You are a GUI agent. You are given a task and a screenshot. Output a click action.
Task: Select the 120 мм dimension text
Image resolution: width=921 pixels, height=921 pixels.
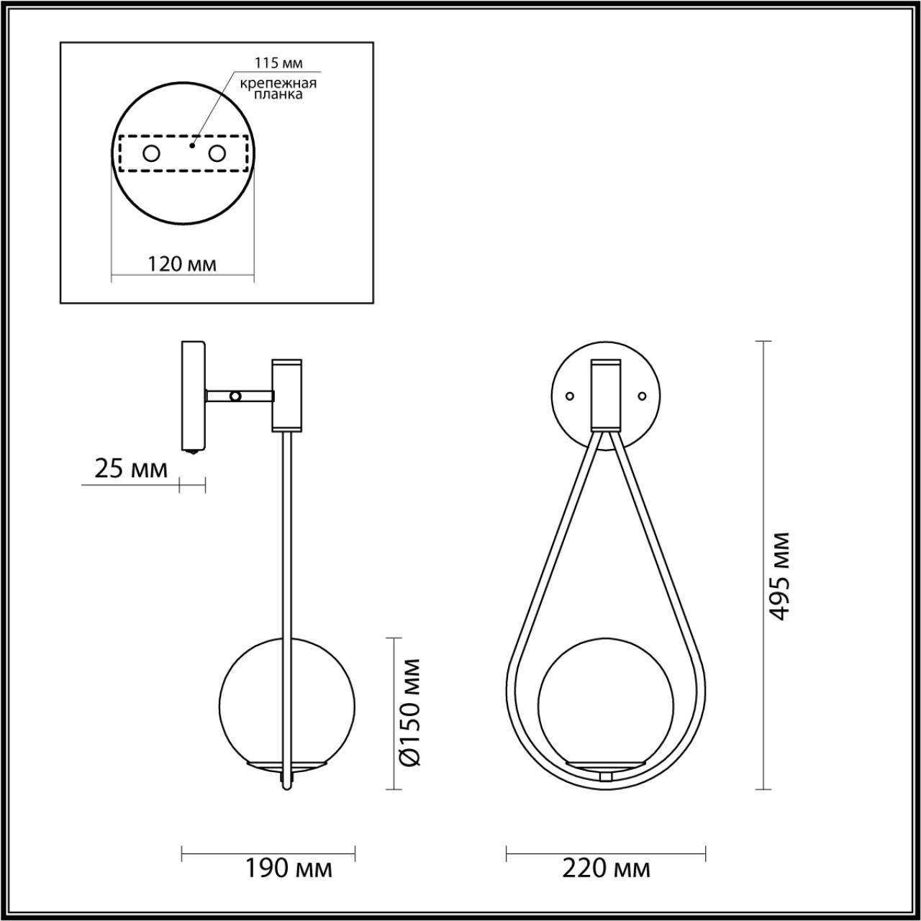(182, 264)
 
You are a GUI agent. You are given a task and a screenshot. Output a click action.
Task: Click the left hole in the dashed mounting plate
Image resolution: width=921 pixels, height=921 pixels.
(152, 153)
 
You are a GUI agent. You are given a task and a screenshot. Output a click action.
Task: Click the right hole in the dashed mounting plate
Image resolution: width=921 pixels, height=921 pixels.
(217, 153)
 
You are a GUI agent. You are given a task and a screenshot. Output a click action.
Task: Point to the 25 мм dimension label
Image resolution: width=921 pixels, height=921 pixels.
(130, 469)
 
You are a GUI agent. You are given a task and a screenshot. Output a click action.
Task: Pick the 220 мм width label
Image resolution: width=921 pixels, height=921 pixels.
(606, 868)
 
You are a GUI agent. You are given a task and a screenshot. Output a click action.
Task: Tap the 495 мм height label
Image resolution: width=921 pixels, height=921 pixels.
(779, 576)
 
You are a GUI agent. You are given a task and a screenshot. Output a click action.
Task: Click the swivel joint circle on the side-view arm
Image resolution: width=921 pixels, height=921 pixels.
(235, 395)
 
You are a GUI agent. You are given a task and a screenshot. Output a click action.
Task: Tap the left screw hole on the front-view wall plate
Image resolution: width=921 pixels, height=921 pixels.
(570, 395)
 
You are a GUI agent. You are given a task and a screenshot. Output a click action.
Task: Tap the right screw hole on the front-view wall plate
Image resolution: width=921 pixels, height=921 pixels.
(643, 395)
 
